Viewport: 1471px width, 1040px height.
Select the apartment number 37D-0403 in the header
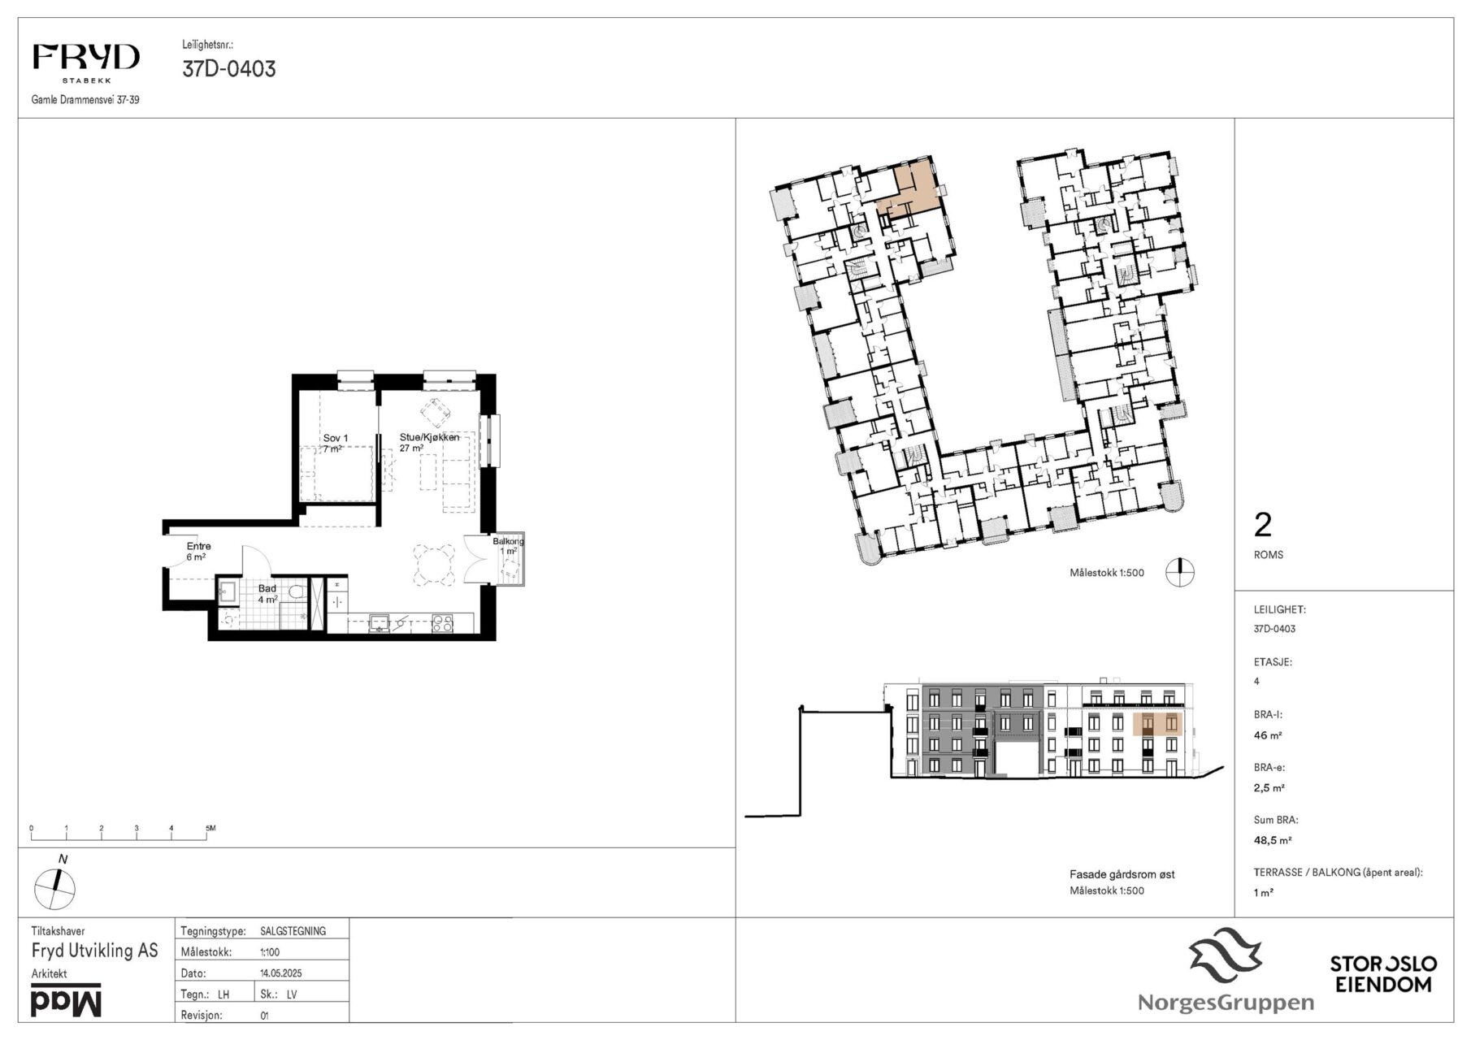point(229,69)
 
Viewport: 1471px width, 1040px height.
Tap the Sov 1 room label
point(336,438)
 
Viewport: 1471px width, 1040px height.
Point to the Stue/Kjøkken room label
point(429,437)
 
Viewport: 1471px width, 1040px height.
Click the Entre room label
point(198,546)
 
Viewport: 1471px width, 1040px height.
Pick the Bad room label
point(267,588)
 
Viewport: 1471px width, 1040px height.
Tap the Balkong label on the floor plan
point(508,541)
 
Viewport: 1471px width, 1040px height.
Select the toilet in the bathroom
point(298,591)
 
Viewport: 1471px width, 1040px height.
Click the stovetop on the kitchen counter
point(441,623)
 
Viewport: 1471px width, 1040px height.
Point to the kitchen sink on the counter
point(380,623)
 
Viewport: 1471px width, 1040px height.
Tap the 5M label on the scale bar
point(210,828)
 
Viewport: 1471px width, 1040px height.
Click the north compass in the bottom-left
point(55,889)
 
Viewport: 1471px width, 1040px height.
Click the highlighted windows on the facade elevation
point(1156,723)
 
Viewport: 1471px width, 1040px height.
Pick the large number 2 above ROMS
point(1262,526)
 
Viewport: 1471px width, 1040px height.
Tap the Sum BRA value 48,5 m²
point(1273,841)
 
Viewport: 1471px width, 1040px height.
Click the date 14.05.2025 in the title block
point(281,973)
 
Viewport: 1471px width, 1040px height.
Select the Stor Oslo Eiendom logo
point(1383,973)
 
